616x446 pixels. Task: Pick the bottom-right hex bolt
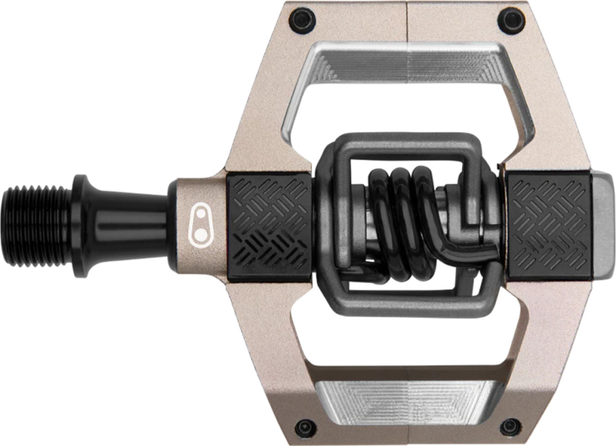point(509,426)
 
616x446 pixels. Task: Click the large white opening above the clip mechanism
point(407,108)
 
